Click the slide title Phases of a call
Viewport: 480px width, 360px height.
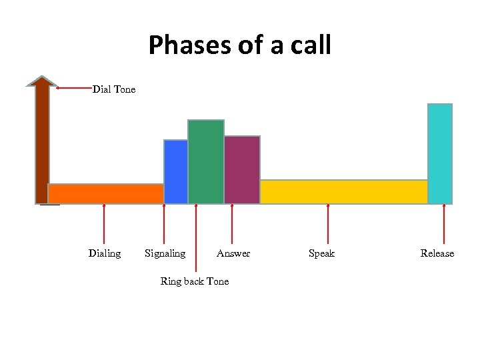click(x=239, y=45)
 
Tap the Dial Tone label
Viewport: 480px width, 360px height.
click(x=114, y=89)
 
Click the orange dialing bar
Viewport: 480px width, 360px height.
click(x=105, y=193)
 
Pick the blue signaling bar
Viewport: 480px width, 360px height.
click(x=175, y=171)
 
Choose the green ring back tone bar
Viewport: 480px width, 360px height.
click(x=206, y=161)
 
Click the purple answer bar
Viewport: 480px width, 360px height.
click(x=242, y=169)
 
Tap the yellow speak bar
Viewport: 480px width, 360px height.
click(x=343, y=191)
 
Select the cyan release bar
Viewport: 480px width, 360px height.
click(x=440, y=153)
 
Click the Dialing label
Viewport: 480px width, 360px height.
click(x=105, y=253)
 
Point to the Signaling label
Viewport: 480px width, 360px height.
click(x=165, y=253)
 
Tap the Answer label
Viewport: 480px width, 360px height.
click(x=233, y=253)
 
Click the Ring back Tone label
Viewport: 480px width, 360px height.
click(x=195, y=281)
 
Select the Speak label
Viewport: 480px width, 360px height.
click(x=321, y=253)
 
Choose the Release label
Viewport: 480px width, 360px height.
click(x=437, y=253)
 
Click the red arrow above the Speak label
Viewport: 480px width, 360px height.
click(x=328, y=224)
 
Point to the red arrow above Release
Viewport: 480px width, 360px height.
click(x=445, y=224)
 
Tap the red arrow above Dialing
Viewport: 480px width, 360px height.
click(x=104, y=224)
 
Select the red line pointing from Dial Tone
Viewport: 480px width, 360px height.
click(x=74, y=87)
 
